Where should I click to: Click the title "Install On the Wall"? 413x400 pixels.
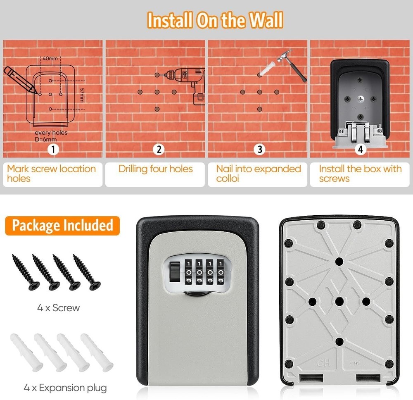point(215,20)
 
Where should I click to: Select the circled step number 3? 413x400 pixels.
point(259,149)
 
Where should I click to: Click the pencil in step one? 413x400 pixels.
point(19,79)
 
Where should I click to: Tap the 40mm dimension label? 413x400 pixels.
point(50,59)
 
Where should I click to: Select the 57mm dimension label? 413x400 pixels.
point(82,95)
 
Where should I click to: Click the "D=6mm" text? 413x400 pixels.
point(44,139)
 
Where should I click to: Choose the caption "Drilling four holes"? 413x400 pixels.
point(156,169)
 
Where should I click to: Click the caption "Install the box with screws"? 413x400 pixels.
point(360,174)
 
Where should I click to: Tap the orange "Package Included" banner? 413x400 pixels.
point(62,226)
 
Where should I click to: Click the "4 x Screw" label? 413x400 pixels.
point(58,308)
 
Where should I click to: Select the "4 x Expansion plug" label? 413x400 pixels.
point(65,388)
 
